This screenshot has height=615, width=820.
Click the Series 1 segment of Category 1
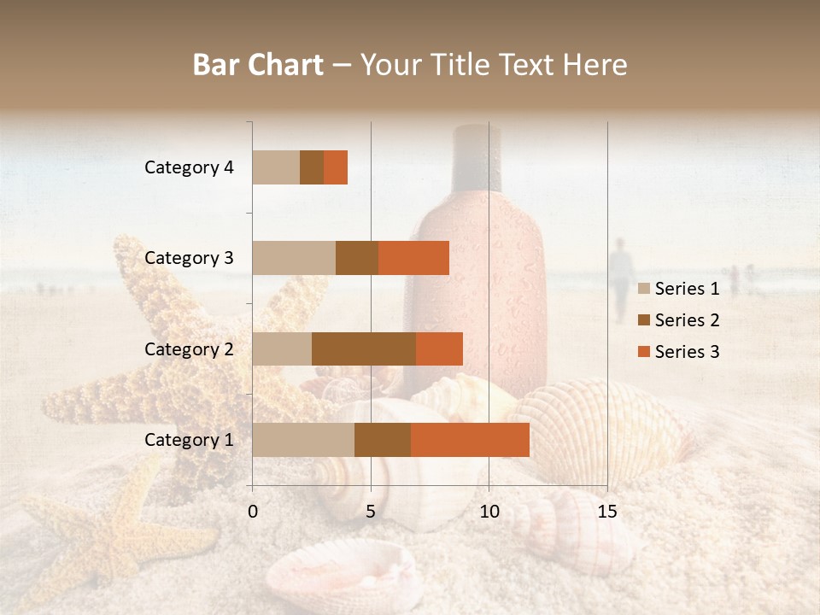[303, 440]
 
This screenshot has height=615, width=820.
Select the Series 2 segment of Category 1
[383, 440]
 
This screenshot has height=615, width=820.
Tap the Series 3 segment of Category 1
[470, 440]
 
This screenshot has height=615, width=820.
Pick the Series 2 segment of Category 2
[364, 348]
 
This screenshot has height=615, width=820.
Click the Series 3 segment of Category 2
[439, 348]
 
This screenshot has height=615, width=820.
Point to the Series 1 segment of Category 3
[294, 258]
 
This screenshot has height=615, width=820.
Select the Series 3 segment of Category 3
[413, 258]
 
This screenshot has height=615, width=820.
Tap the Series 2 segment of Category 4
[312, 167]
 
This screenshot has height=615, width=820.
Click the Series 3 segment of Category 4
[336, 167]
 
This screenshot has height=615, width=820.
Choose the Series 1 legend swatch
[644, 289]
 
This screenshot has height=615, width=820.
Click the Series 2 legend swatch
[644, 320]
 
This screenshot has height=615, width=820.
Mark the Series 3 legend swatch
[644, 352]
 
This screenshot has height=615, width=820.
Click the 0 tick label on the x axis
[253, 512]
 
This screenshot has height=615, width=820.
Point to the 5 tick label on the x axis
[371, 512]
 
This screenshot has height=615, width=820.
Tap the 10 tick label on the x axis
[489, 512]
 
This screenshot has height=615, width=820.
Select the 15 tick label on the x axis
[607, 512]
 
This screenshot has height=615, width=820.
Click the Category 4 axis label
[189, 167]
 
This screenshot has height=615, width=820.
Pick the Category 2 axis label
[189, 348]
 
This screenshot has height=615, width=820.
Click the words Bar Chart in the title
[258, 65]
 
